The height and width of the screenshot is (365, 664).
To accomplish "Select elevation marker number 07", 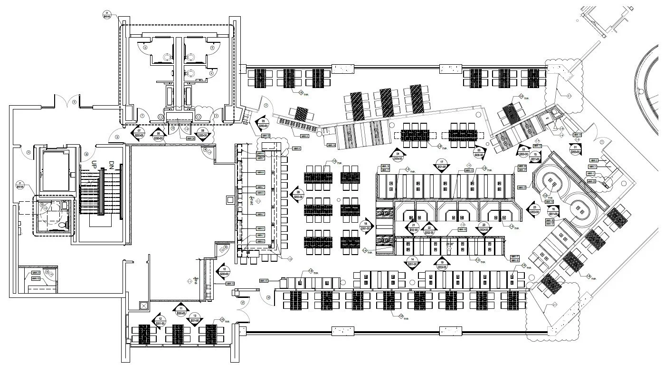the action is click(139, 133).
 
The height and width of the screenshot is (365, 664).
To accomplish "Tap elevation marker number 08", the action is click(203, 133).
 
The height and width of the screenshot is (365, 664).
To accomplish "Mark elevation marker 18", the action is click(366, 226).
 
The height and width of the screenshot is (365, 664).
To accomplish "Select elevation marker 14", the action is click(413, 262).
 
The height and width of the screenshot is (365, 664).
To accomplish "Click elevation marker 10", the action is click(223, 272).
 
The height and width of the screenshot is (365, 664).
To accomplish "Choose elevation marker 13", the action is click(194, 318).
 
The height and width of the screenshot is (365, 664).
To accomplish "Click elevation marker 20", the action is click(484, 227).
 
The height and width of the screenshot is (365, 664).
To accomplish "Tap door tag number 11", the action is click(28, 152).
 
